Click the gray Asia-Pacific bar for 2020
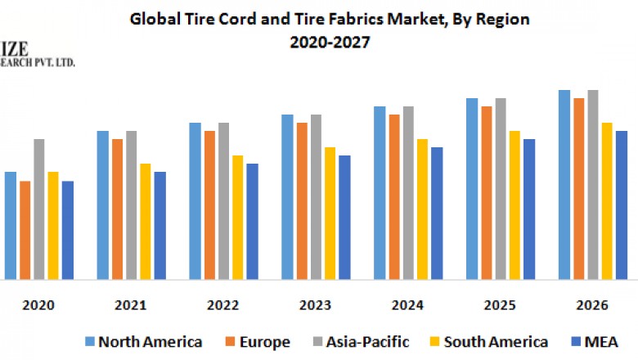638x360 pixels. tap(38, 209)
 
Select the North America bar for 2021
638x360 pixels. tap(102, 205)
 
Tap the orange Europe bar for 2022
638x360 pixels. tap(209, 205)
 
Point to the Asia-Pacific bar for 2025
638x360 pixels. tap(501, 188)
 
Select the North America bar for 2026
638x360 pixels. tap(564, 184)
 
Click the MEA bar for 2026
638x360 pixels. tap(622, 205)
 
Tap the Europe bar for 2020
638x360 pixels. tap(25, 229)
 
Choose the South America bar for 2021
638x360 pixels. tap(145, 221)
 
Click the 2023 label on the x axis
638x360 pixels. tap(316, 305)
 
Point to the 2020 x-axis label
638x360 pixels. tap(38, 305)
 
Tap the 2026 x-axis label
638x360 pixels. tap(592, 305)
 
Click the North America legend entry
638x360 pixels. tap(142, 341)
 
